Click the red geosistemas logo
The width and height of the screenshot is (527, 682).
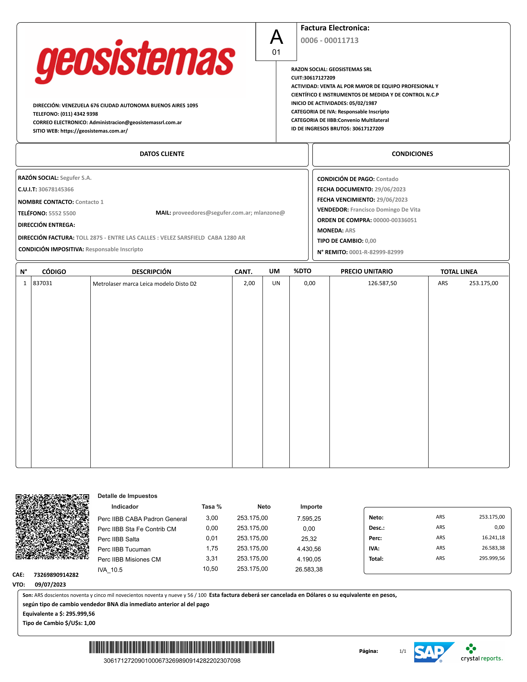click(135, 62)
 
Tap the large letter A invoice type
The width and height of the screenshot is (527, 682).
click(276, 37)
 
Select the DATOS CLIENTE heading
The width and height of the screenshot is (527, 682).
click(162, 154)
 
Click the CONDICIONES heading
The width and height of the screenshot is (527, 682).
click(412, 154)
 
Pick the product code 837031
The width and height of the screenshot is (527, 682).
click(43, 283)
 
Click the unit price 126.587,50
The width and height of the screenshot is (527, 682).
click(382, 283)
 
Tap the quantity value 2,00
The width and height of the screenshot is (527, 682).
click(249, 283)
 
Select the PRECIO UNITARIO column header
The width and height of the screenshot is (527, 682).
click(366, 271)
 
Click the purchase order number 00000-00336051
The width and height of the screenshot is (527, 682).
click(395, 220)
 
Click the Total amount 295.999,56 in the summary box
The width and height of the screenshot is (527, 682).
click(492, 558)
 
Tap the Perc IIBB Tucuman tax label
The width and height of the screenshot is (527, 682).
click(124, 549)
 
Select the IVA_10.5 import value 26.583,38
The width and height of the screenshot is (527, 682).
click(309, 569)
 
